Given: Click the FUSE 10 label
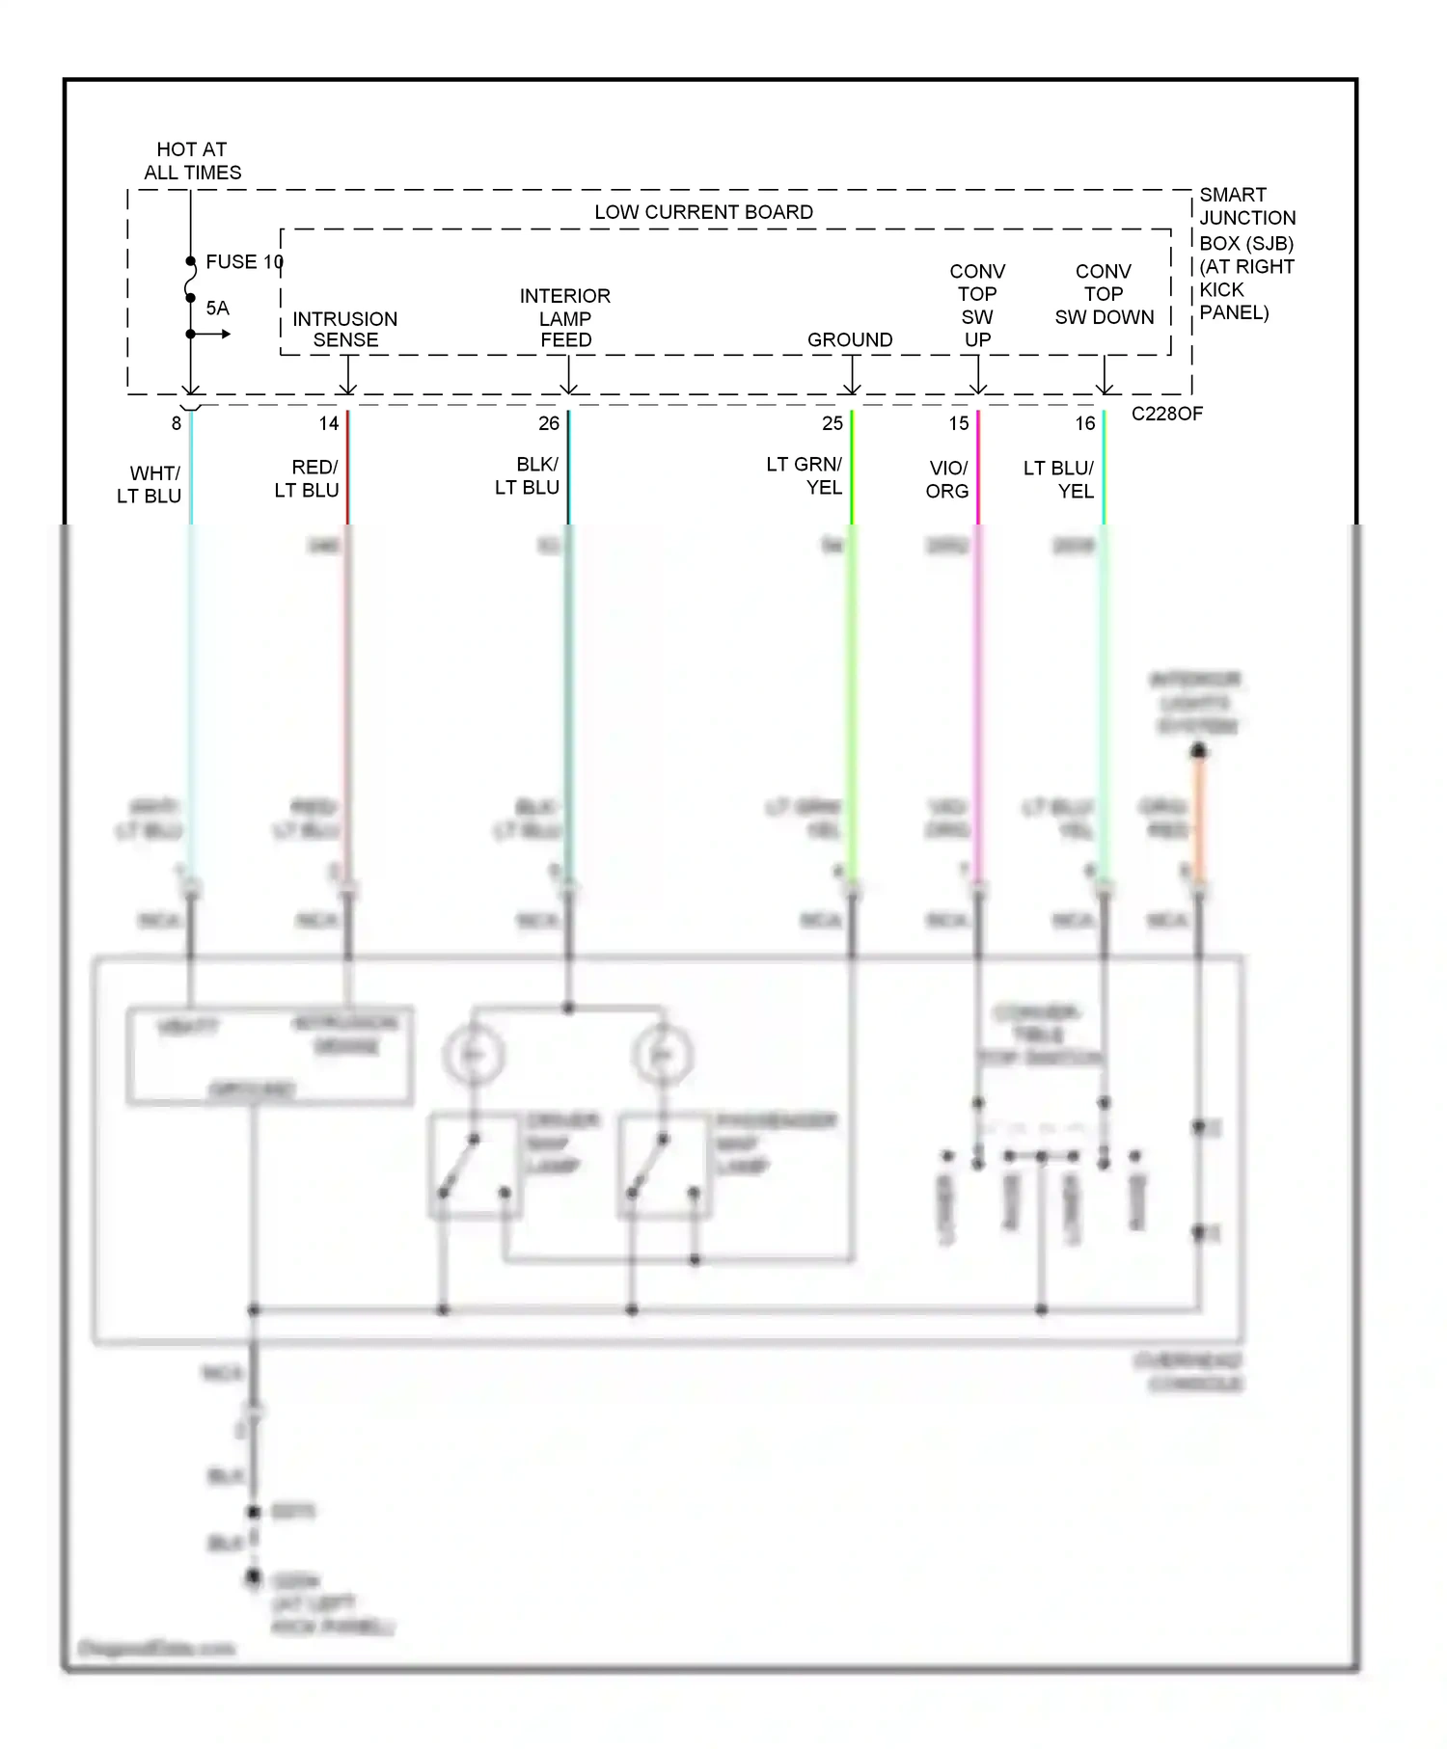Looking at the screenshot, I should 244,262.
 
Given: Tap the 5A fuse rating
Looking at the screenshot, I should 217,309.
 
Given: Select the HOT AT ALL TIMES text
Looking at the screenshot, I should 192,161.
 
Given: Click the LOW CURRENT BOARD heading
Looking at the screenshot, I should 703,212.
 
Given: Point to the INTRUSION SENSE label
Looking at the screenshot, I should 344,330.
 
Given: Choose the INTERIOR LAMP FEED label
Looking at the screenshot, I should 565,318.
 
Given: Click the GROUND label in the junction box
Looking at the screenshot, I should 850,340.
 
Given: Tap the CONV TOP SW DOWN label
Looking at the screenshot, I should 1104,294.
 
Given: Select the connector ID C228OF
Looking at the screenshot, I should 1166,414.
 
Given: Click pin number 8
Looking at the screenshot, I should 177,423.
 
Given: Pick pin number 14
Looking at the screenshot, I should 329,423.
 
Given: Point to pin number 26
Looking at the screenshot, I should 549,423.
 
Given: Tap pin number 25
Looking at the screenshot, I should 833,423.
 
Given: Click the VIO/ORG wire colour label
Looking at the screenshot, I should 947,479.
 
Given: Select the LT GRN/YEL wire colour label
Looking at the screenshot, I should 805,476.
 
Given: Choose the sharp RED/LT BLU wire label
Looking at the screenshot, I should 308,479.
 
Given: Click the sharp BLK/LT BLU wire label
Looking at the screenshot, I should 528,476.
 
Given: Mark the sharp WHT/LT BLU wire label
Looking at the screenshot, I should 150,485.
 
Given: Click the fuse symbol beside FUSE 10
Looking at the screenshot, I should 191,280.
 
